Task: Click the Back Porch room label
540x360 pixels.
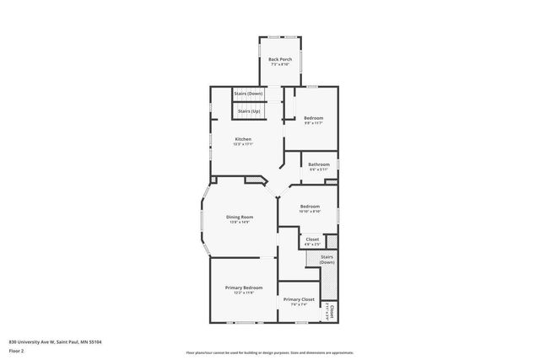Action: click(279, 59)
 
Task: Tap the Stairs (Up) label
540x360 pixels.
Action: click(248, 110)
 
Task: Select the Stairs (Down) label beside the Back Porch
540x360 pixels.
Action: click(248, 93)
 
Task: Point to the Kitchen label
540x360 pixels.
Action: click(243, 139)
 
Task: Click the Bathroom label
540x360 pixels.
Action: click(318, 164)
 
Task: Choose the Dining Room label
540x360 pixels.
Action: click(240, 217)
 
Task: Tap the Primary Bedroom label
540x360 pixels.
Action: click(244, 287)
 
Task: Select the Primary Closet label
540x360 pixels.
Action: click(299, 299)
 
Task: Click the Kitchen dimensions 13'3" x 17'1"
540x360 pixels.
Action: click(243, 144)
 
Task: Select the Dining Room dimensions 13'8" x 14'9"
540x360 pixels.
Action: click(240, 222)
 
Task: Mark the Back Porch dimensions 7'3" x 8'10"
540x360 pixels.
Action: click(279, 64)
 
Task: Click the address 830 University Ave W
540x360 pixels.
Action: click(55, 342)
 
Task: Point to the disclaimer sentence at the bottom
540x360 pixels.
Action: click(269, 352)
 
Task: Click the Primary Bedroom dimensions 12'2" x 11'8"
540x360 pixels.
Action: click(244, 293)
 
